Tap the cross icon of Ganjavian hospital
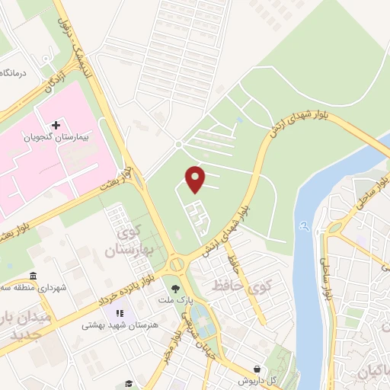(56, 125)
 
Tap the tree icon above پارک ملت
(177, 289)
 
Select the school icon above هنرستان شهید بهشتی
(119, 313)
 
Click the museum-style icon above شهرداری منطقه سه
(33, 276)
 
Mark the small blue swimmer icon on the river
(305, 225)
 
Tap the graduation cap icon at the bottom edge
(129, 385)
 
